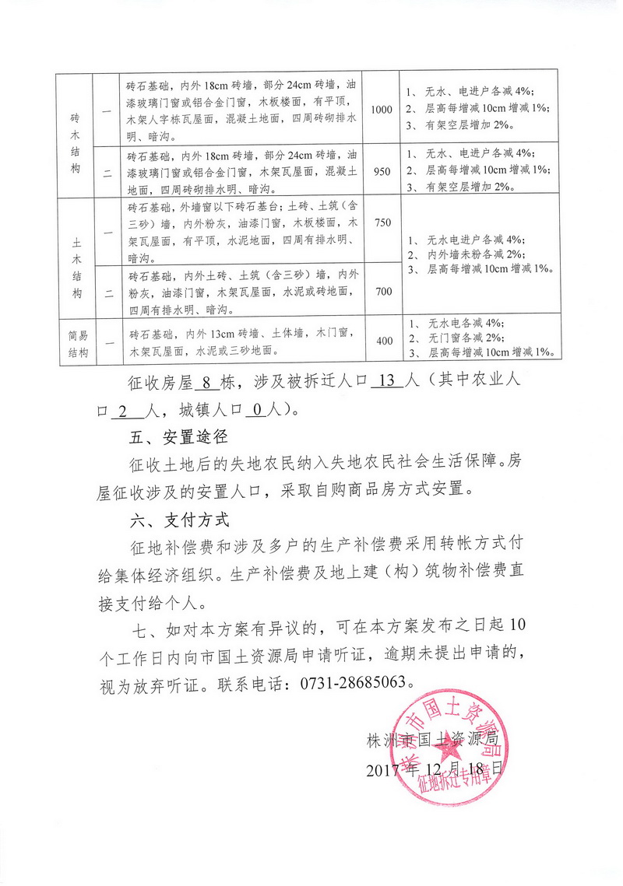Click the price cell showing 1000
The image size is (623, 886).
coord(382,110)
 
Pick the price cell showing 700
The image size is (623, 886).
coord(382,291)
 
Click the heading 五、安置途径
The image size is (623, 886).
coord(177,436)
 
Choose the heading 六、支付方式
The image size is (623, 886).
coord(177,517)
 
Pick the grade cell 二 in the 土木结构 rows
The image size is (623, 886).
coord(108,292)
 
